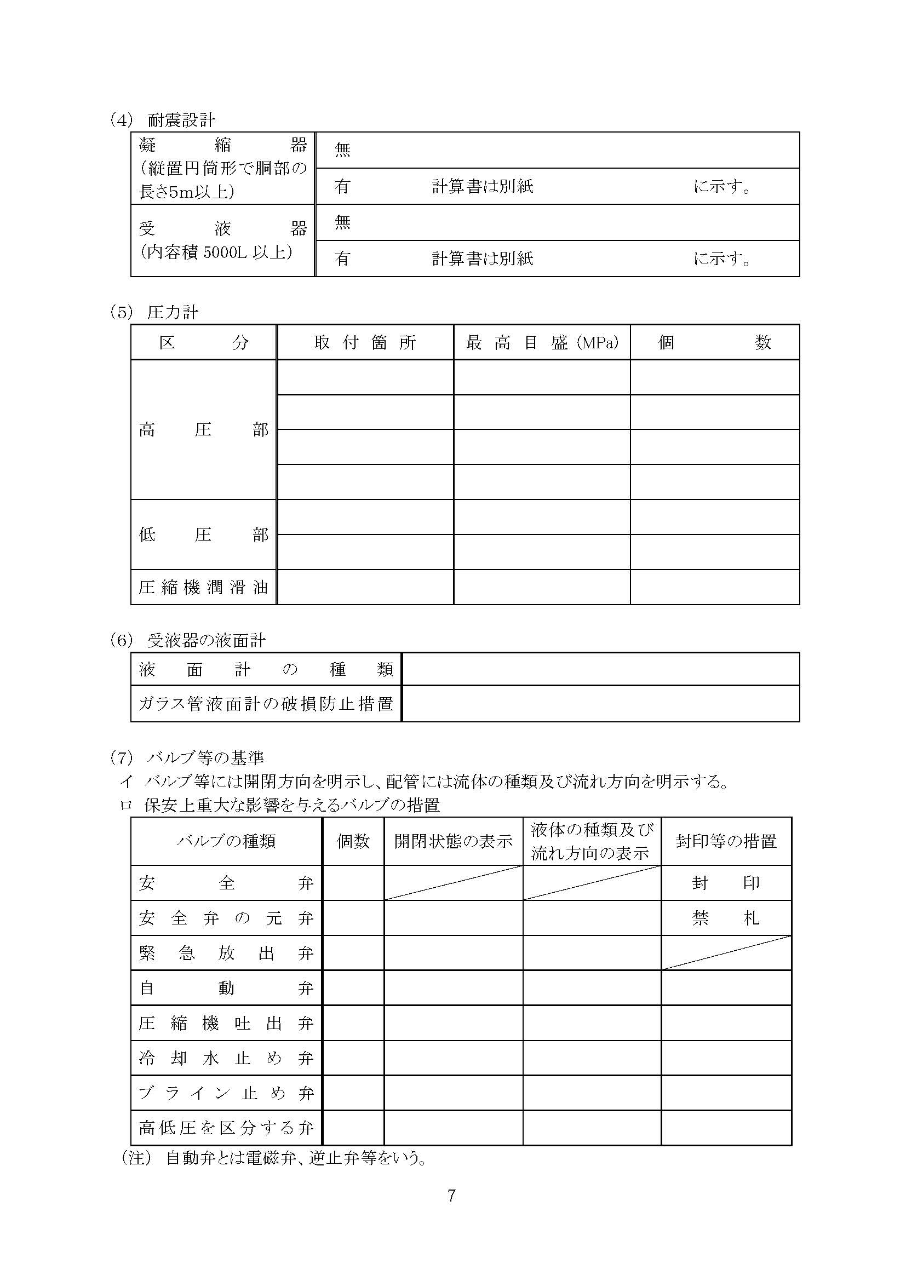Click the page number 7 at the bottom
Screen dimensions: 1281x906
(x=452, y=1196)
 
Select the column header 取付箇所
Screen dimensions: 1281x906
(x=365, y=342)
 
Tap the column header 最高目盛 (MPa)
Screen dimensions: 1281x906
(x=542, y=342)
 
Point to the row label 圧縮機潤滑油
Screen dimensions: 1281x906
(x=203, y=588)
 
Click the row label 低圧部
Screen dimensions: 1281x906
(x=203, y=535)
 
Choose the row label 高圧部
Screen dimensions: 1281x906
(x=203, y=430)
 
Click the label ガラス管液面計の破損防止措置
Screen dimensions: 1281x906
(x=266, y=704)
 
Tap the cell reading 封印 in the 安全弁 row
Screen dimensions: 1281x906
(x=726, y=883)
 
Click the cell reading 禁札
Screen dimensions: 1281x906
(x=726, y=918)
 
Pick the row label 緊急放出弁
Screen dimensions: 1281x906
(x=226, y=953)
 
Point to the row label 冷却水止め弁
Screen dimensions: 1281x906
(x=226, y=1059)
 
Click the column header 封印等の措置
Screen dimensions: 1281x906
(x=726, y=841)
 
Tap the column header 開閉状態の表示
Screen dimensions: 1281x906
(x=453, y=841)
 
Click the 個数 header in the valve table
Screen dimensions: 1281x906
(x=353, y=841)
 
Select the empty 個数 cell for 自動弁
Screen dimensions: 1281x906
(x=353, y=989)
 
